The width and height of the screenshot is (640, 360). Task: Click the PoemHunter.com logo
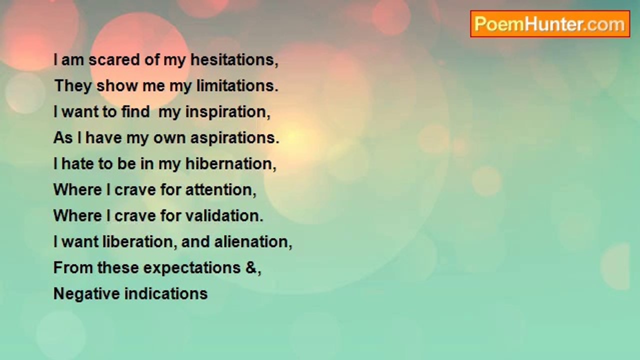[x=550, y=24]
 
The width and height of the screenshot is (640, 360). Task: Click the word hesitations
[x=234, y=60]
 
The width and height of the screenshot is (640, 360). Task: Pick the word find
[x=135, y=111]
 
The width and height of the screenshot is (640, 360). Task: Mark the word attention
[x=220, y=190]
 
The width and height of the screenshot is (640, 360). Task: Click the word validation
[x=224, y=215]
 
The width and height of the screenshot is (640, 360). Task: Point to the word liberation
[x=138, y=241]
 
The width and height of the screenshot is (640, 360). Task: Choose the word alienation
[x=253, y=242]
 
